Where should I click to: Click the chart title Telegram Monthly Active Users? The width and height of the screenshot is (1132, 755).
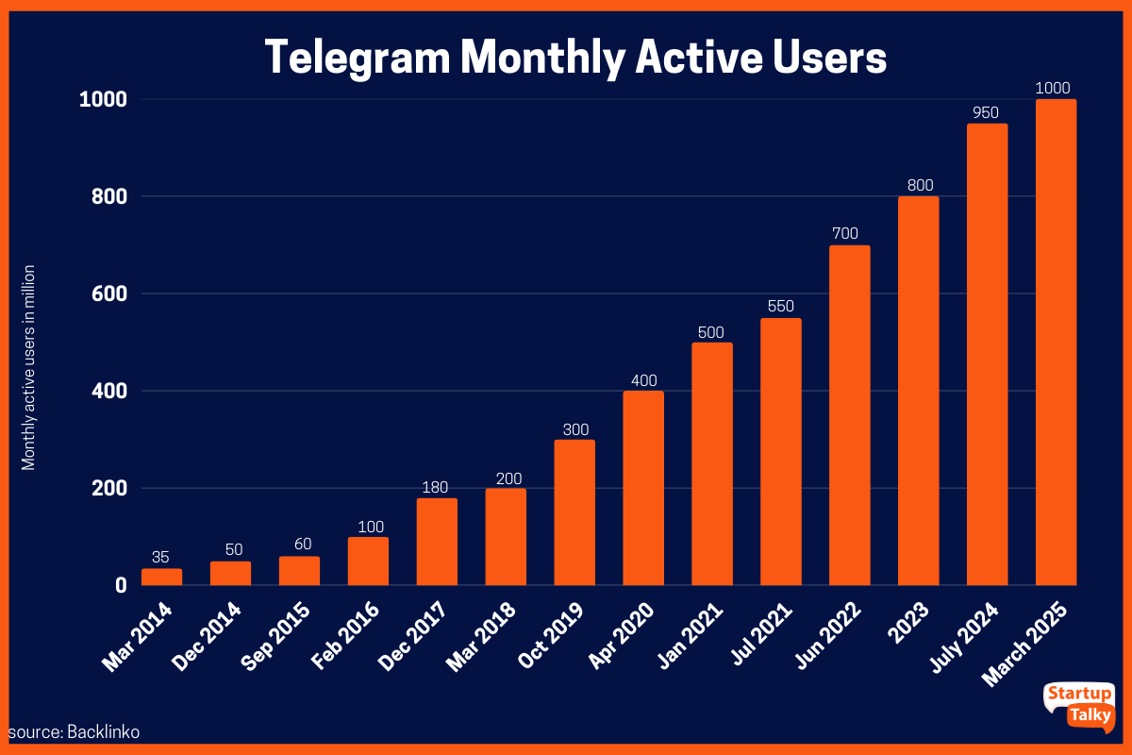coord(575,58)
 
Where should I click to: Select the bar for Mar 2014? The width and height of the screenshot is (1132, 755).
coord(161,577)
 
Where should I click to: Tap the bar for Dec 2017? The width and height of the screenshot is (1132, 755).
coord(437,542)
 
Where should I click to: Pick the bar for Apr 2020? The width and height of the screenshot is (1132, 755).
coord(643,488)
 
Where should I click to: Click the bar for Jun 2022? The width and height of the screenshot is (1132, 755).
coord(849,415)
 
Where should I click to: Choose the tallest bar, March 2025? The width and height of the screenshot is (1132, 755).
coord(1056,342)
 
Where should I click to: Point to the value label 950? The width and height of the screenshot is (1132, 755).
coord(986,113)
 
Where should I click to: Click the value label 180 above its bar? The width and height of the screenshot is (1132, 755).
coord(437,487)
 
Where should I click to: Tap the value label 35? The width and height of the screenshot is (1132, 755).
coord(161,558)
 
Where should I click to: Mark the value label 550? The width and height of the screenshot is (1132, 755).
coord(780,307)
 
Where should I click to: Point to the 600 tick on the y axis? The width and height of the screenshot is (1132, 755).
coord(108,294)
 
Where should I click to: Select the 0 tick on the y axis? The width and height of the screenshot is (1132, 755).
coord(121,585)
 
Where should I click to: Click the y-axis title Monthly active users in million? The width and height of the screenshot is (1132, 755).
coord(29,367)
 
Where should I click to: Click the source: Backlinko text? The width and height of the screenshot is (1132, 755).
coord(68,731)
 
